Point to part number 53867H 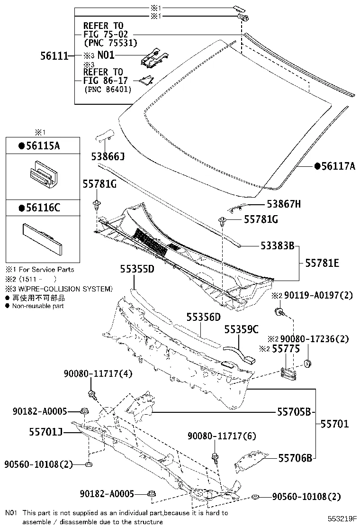click(284, 204)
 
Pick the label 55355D click(137, 269)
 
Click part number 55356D click(204, 317)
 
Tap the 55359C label click(242, 329)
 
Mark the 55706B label click(295, 457)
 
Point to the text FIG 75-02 click(106, 34)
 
